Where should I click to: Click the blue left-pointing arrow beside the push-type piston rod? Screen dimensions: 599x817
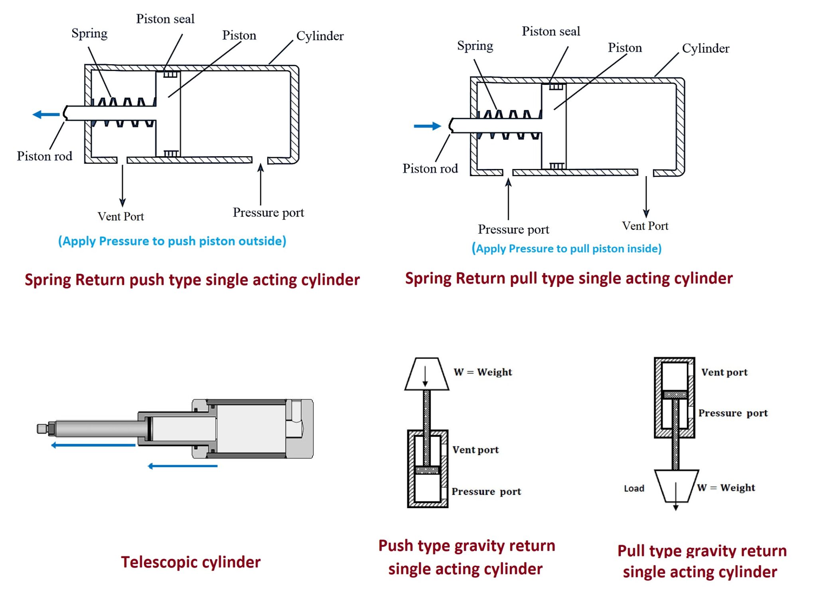46,115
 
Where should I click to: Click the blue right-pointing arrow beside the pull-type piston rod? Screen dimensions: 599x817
427,126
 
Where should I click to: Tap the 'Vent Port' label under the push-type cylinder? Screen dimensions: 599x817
120,216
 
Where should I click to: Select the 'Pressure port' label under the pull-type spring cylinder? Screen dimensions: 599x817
513,229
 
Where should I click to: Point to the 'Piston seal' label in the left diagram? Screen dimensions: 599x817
165,19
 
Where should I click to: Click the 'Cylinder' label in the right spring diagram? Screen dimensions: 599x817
705,48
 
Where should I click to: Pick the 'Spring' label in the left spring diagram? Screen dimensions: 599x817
89,33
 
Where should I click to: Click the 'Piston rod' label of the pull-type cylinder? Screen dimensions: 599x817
430,169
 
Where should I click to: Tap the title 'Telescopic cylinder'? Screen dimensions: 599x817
191,562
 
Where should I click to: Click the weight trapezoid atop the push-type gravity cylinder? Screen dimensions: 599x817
426,374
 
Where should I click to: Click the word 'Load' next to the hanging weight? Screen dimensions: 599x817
634,488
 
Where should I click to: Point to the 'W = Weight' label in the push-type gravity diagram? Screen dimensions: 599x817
483,372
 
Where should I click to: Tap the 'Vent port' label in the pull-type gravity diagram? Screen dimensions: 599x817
724,372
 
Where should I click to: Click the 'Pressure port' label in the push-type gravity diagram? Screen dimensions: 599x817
486,491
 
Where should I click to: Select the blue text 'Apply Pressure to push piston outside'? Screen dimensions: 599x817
172,241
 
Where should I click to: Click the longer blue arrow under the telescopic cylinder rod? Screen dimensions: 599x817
93,445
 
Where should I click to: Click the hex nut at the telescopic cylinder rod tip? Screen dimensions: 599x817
51,428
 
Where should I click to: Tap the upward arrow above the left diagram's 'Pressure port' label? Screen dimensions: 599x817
260,184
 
